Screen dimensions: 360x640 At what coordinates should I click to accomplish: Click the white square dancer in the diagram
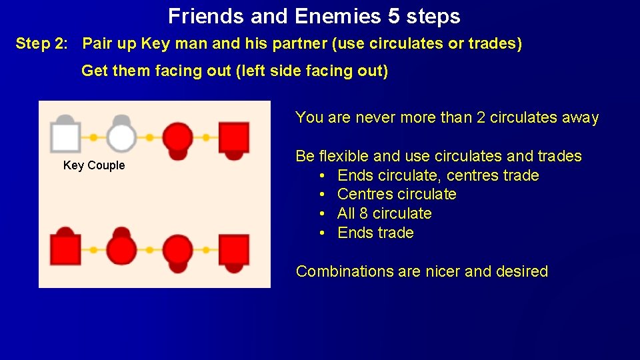pos(65,138)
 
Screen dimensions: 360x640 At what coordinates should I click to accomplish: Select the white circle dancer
pos(121,138)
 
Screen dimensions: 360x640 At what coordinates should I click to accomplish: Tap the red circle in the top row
pos(177,138)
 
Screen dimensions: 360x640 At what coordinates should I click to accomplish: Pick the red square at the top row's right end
pos(233,138)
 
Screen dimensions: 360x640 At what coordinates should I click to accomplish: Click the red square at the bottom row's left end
pos(65,250)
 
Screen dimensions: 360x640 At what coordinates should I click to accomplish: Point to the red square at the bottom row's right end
pos(233,250)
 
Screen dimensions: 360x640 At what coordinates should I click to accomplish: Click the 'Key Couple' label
pos(94,165)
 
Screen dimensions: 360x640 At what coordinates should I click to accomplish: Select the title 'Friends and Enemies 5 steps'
pos(314,15)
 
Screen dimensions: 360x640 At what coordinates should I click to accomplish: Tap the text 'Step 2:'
pos(41,44)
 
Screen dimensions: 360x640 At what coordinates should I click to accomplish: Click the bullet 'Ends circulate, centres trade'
pos(438,175)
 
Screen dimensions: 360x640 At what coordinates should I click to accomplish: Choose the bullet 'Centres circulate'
pos(397,195)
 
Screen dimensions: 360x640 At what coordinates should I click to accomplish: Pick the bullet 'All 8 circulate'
pos(385,214)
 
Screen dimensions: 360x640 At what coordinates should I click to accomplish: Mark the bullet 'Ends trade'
pos(375,233)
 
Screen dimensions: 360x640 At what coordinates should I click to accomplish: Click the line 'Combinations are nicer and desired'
pos(422,271)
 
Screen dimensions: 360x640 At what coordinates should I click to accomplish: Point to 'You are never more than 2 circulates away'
pos(447,118)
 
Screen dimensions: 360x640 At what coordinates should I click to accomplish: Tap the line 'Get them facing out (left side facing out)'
pos(235,71)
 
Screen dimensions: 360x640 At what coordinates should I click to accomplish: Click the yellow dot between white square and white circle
pos(93,138)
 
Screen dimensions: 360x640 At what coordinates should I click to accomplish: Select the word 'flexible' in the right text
pos(343,156)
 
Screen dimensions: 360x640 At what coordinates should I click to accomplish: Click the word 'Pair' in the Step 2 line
pos(97,44)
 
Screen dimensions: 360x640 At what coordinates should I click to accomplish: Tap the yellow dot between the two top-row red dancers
pos(206,138)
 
